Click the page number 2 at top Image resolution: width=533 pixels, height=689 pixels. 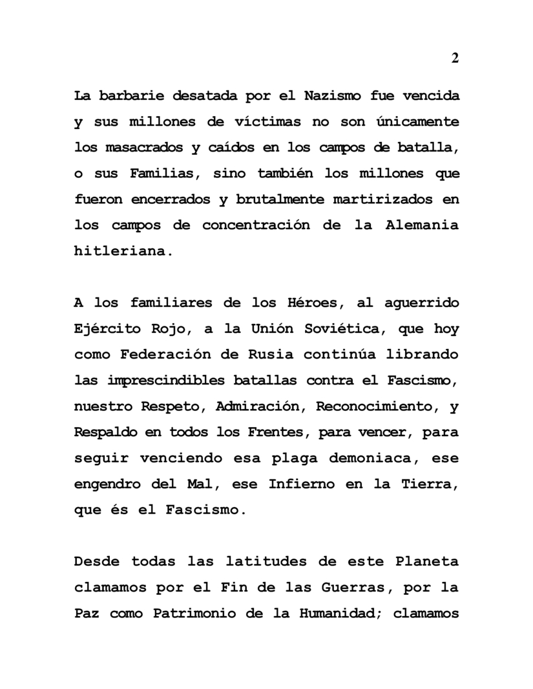455,59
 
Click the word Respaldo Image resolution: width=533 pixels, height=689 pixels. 105,432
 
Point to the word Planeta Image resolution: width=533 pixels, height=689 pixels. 427,561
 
